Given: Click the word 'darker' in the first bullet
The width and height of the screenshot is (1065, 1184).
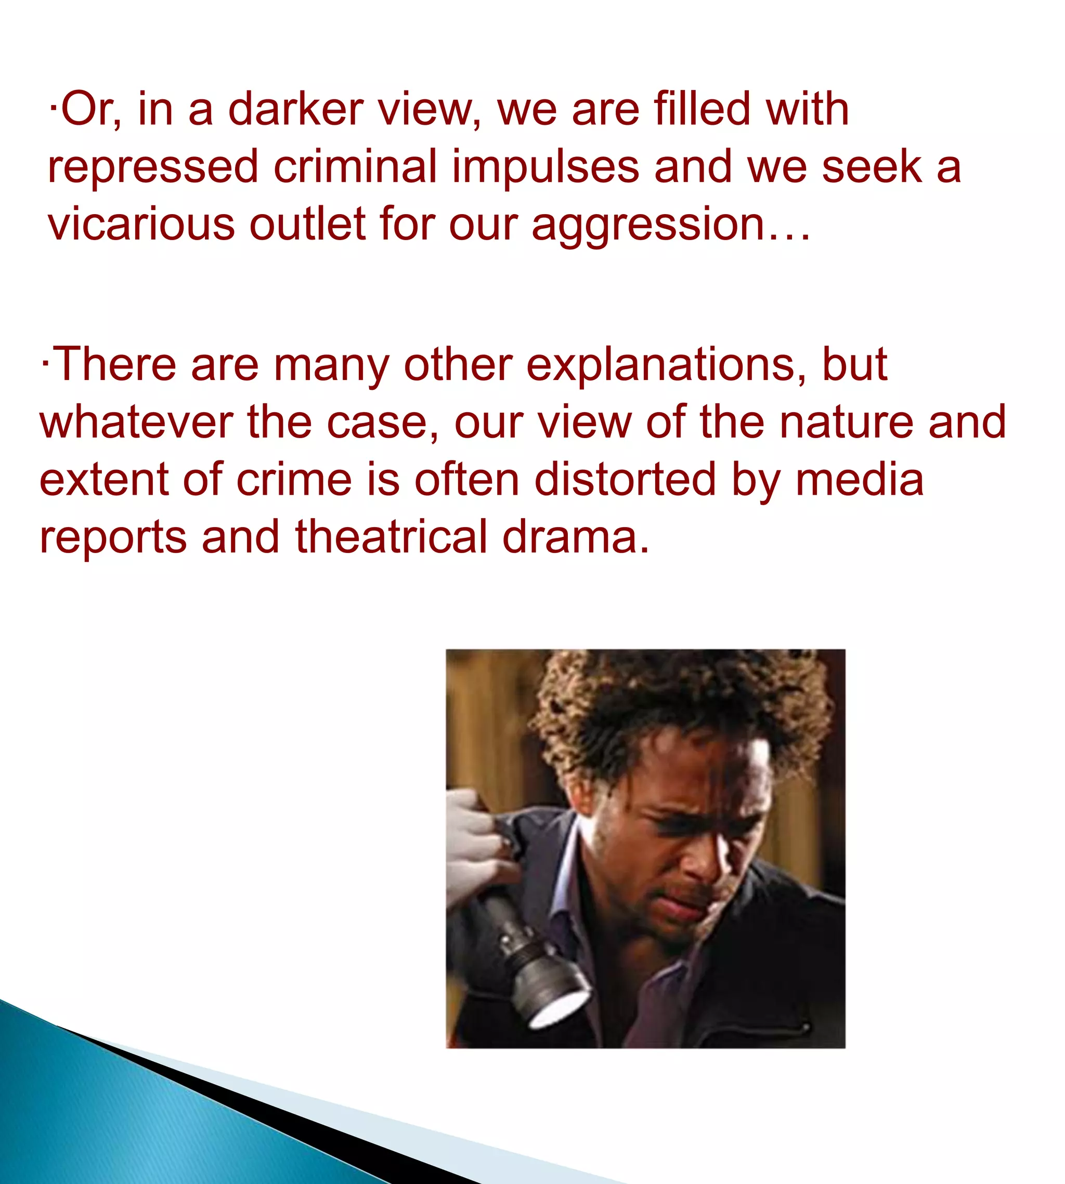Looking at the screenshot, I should click(295, 109).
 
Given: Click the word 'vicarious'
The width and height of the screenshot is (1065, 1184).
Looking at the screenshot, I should click(141, 224).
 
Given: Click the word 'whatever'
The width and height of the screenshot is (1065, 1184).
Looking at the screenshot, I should click(136, 423).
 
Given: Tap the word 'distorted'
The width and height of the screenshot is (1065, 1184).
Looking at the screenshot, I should click(625, 480).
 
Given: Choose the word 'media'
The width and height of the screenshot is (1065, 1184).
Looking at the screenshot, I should click(859, 480).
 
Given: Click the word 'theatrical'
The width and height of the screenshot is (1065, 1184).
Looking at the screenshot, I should click(391, 537).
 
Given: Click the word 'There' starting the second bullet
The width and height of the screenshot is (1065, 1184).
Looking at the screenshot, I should click(114, 365).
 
